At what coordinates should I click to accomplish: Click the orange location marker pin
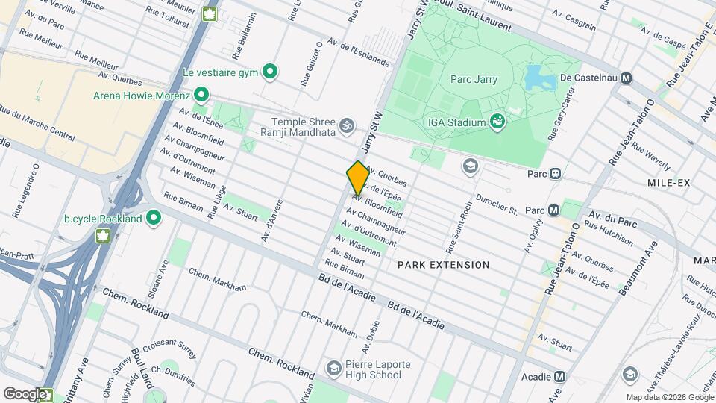tap(358, 178)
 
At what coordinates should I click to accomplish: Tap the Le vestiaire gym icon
tap(271, 72)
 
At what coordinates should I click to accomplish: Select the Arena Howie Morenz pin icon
tap(201, 95)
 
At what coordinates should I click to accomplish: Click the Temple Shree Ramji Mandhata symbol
tap(345, 125)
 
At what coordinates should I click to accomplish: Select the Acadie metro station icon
tap(559, 377)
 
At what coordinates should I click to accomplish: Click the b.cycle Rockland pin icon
tap(154, 218)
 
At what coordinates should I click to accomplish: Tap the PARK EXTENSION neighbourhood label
tap(443, 265)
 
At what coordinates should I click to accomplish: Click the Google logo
tap(24, 393)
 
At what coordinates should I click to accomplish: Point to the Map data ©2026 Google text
tap(669, 397)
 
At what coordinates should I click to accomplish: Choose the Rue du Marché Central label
tap(37, 123)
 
